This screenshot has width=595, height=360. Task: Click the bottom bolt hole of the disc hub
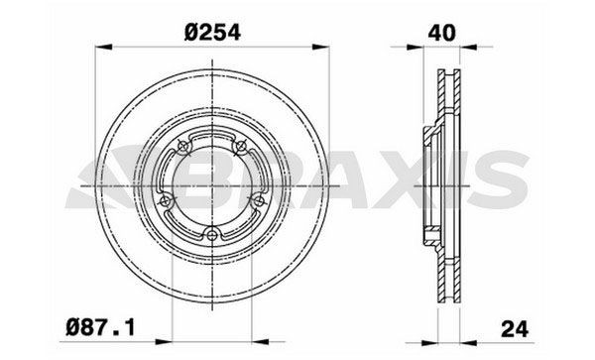click(x=215, y=235)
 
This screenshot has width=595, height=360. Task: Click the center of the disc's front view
click(x=215, y=185)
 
